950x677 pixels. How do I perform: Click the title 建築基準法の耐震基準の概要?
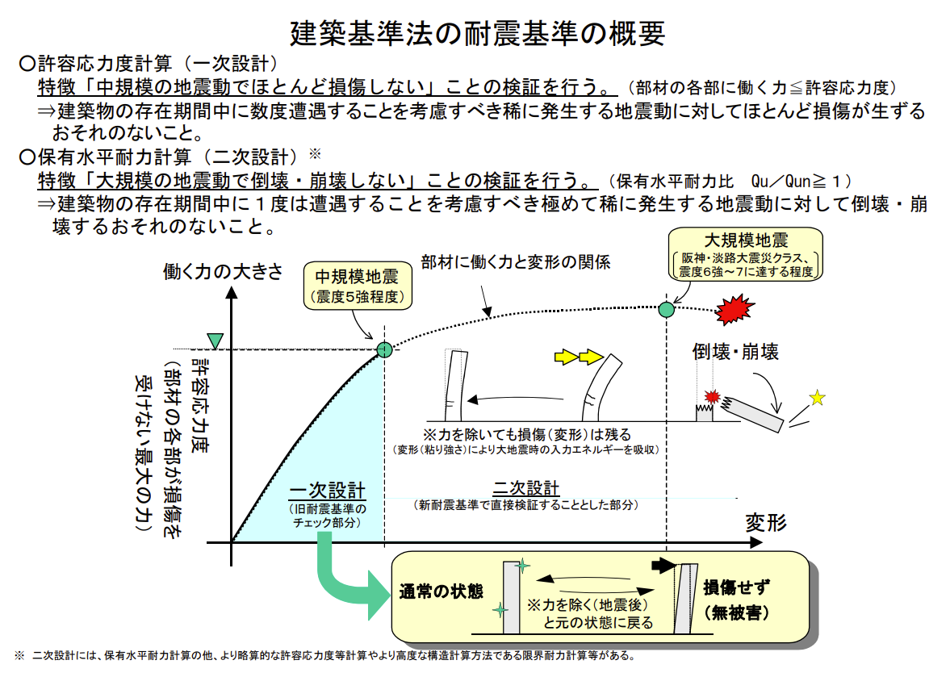(478, 33)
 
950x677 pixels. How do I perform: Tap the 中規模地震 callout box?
(358, 286)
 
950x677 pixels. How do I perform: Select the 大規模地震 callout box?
(745, 254)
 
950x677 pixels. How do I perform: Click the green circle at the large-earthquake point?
(667, 309)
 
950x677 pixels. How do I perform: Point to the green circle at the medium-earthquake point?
(385, 349)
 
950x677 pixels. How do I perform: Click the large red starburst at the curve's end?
(734, 310)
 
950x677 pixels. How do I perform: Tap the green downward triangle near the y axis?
(215, 341)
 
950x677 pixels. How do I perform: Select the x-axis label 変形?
(766, 522)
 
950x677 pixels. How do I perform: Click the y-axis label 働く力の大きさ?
(223, 271)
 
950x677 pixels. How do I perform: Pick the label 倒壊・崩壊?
(735, 351)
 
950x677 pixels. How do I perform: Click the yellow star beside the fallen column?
(818, 398)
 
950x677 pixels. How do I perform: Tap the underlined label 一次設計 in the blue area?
(327, 490)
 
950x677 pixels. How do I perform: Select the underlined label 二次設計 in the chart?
(526, 488)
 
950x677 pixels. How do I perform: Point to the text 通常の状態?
(441, 591)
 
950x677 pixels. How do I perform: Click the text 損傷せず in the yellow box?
(737, 587)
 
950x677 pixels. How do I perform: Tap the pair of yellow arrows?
(579, 357)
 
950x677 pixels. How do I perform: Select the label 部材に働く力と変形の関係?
(516, 262)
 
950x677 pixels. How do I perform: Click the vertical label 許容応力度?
(200, 404)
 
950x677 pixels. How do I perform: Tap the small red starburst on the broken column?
(712, 397)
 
